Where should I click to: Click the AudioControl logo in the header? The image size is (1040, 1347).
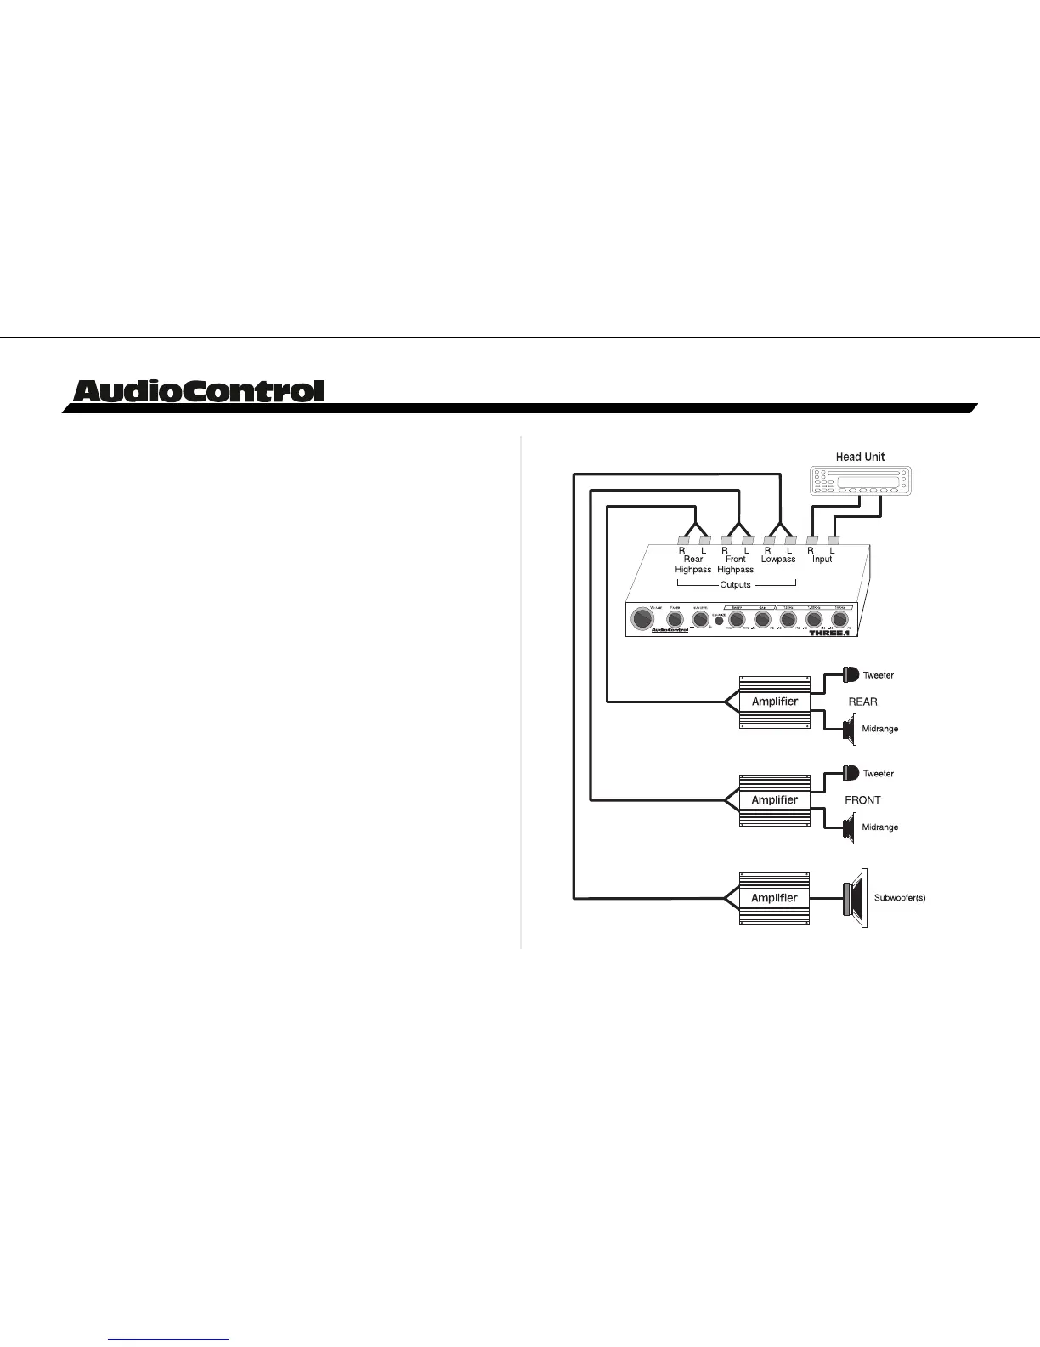tap(199, 391)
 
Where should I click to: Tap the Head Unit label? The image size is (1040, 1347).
tap(860, 457)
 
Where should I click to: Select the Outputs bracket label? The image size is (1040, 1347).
tap(735, 584)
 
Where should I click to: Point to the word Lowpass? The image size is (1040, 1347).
tap(778, 560)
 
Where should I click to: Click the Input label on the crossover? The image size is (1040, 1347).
tap(822, 560)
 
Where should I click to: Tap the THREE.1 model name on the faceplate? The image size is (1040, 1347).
tap(830, 633)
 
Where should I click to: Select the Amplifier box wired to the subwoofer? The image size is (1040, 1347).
tap(775, 897)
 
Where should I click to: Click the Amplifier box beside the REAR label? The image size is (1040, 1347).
tap(775, 702)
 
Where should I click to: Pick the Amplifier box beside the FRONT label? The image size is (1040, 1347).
tap(775, 799)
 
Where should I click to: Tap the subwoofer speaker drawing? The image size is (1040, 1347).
tap(856, 898)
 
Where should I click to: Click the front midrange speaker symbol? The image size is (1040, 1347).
tap(849, 827)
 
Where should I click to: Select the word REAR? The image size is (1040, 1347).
tap(862, 702)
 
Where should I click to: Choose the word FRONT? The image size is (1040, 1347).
tap(862, 799)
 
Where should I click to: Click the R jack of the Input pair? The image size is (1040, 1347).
tap(811, 540)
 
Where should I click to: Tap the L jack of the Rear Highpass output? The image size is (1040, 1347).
tap(704, 540)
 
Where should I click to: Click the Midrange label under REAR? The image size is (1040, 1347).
tap(879, 729)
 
